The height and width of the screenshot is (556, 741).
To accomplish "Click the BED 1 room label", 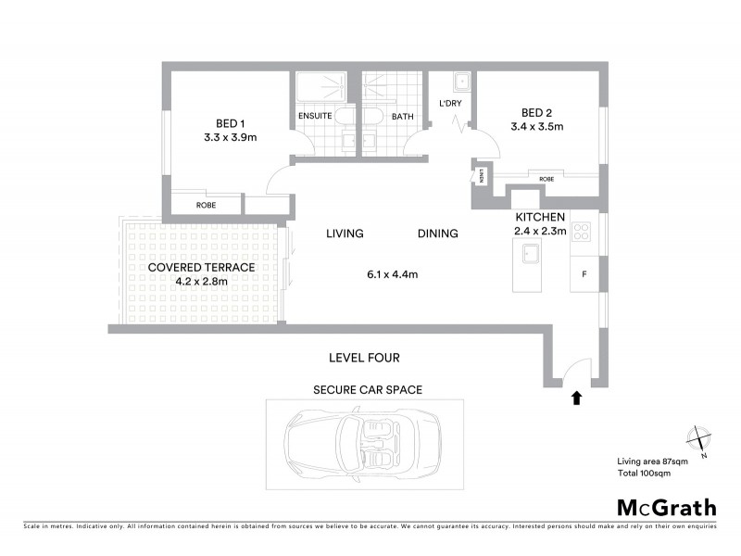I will [x=230, y=123].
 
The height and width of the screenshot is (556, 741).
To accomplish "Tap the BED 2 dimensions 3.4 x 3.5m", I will [x=536, y=127].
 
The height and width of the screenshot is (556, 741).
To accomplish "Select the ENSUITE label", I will [x=315, y=117].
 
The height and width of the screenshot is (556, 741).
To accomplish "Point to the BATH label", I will [x=402, y=117].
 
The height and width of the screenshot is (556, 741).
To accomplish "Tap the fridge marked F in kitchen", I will [x=584, y=274].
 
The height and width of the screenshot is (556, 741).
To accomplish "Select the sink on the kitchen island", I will [x=533, y=254].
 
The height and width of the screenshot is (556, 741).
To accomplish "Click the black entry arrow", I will [x=576, y=398].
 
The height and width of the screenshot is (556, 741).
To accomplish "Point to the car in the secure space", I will [x=365, y=446].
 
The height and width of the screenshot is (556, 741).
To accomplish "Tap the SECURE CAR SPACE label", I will [x=368, y=390].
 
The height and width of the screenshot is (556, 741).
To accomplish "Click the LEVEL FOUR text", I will [x=364, y=357].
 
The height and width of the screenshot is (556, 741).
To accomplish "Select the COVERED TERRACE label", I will [x=201, y=267].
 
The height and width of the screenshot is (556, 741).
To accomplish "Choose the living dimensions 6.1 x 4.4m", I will [x=392, y=274].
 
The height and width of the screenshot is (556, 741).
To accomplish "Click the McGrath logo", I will [x=667, y=507].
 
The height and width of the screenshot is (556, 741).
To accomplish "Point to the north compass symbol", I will [x=697, y=439].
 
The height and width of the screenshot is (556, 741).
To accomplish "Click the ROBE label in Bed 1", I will [x=206, y=205].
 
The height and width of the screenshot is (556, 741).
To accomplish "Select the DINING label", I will [x=437, y=234].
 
